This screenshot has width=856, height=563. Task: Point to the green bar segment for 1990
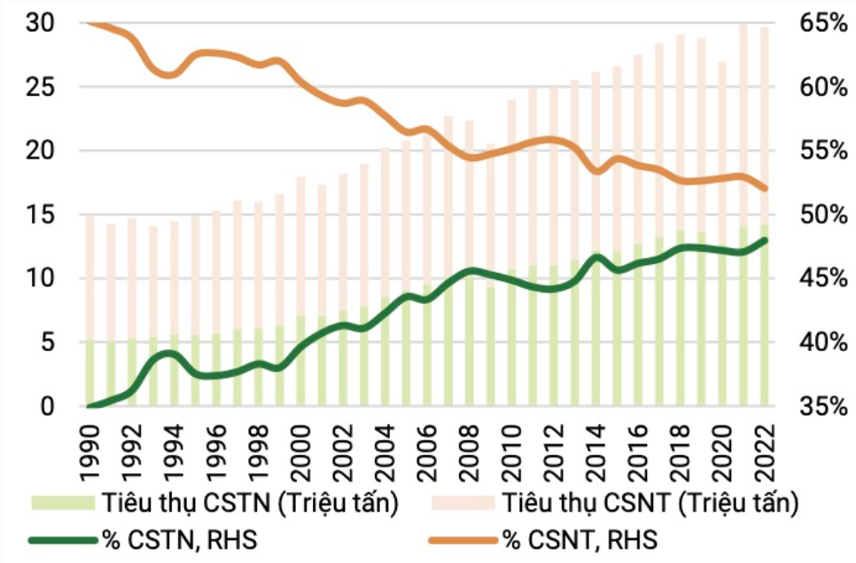(89, 372)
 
